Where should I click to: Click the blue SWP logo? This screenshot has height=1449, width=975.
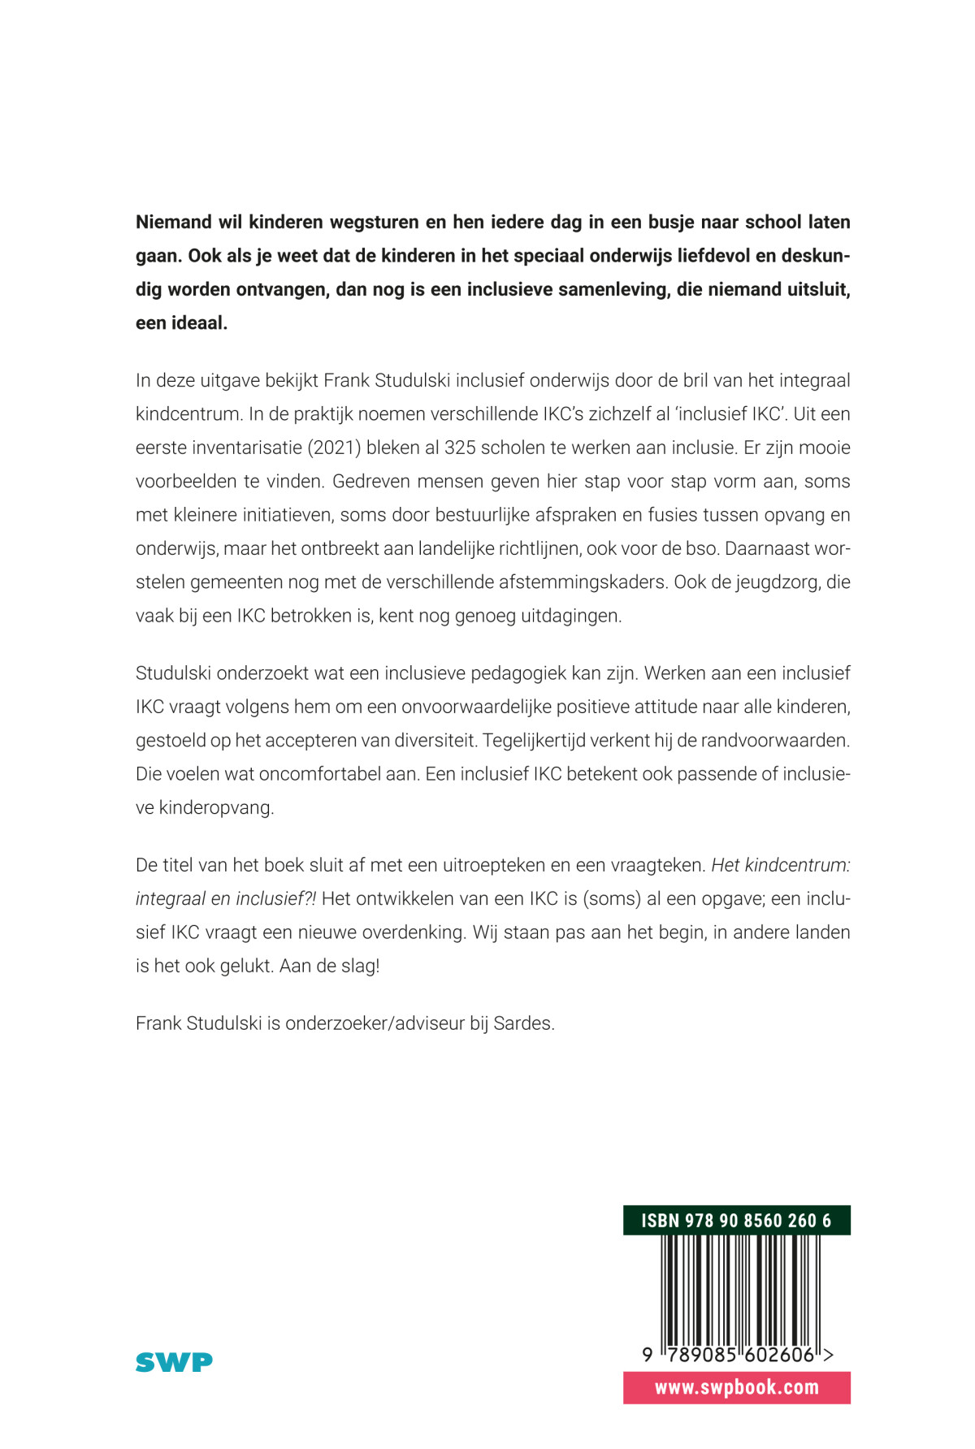tap(174, 1361)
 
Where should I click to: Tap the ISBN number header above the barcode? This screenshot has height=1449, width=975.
tap(736, 1220)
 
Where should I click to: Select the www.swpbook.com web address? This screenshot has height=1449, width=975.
tap(736, 1387)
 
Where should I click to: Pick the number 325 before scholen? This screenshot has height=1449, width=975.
tap(459, 448)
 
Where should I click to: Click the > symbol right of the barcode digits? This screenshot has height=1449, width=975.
tap(828, 1355)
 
